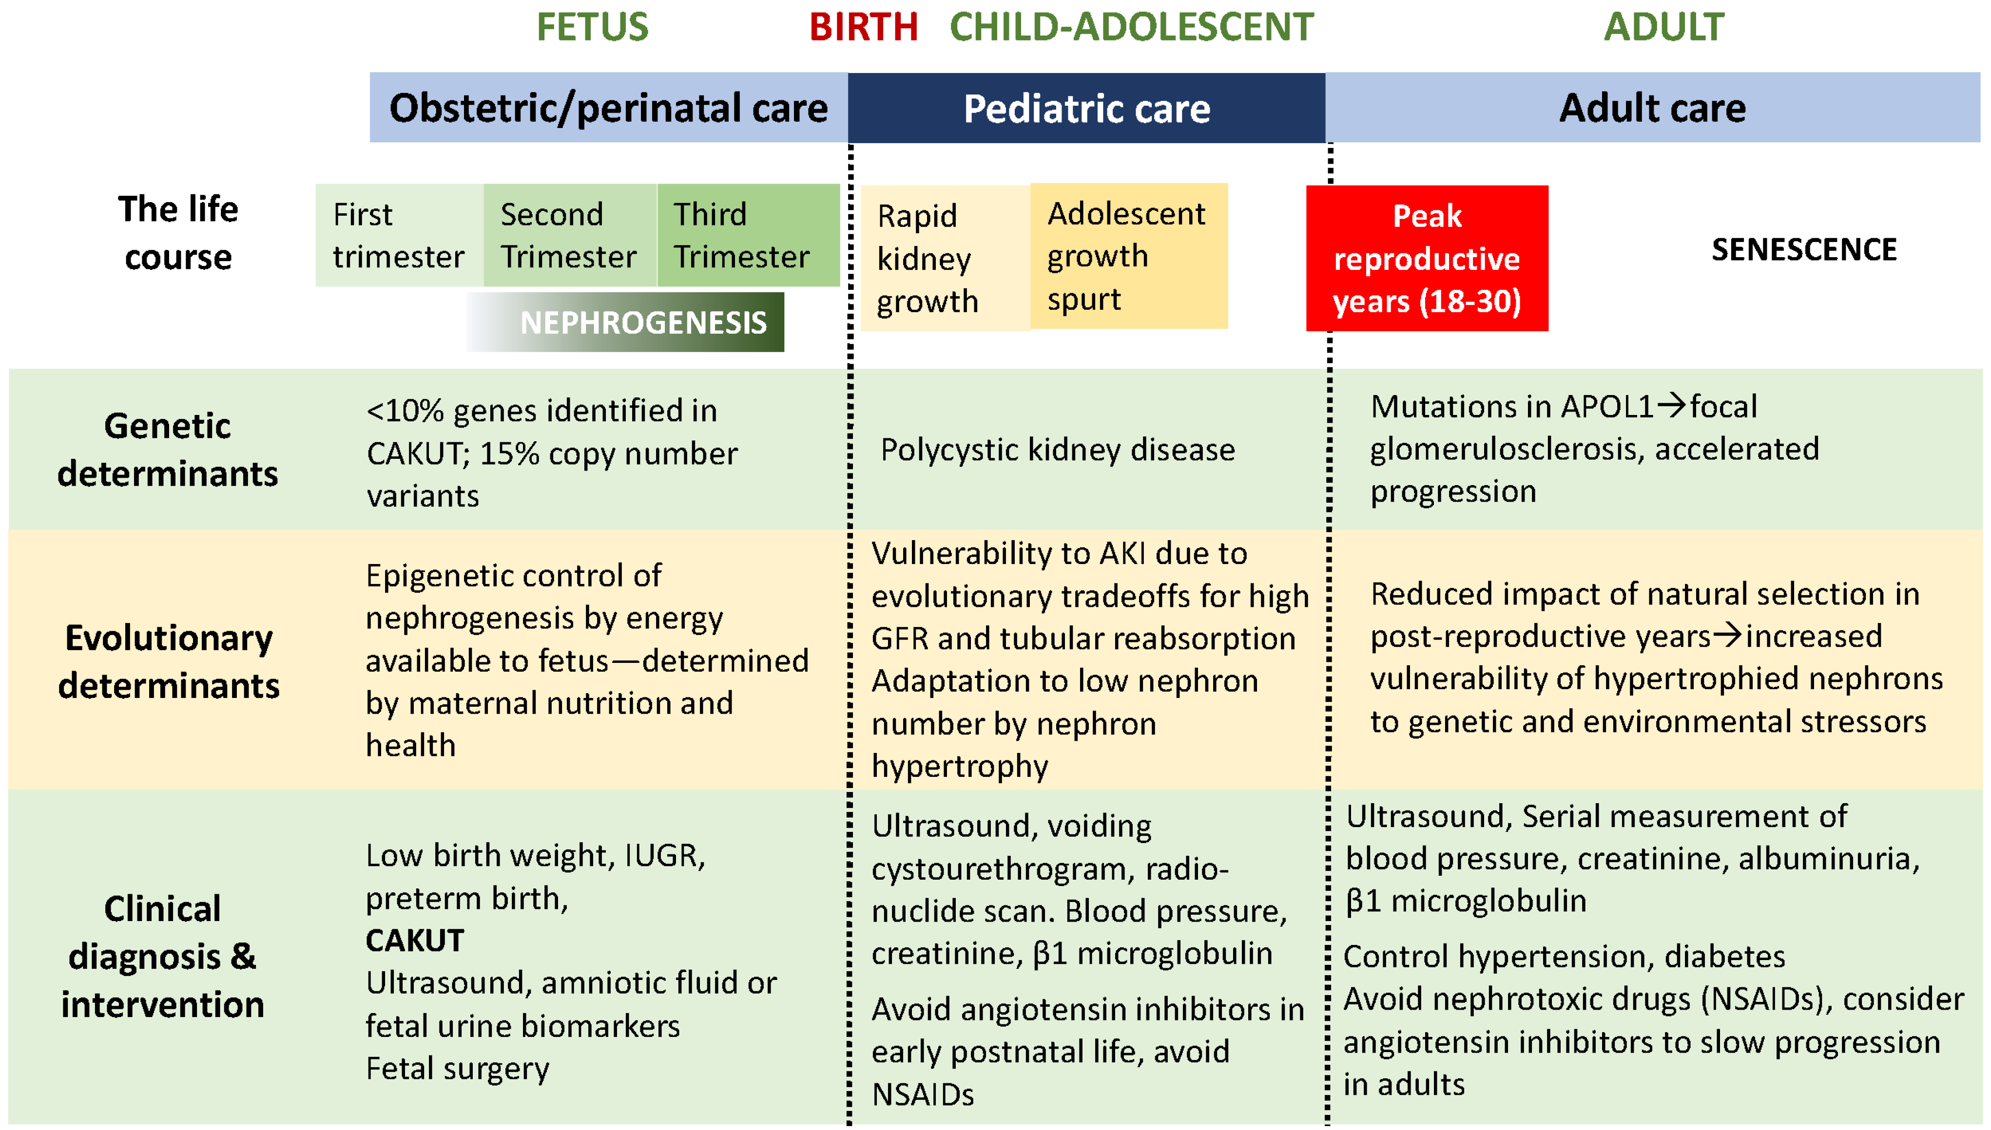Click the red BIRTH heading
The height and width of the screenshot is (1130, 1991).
[x=863, y=27]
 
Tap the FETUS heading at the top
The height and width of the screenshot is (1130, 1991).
[x=593, y=27]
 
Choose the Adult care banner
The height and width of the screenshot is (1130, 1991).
[x=1652, y=108]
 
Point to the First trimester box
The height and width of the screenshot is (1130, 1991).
[x=398, y=235]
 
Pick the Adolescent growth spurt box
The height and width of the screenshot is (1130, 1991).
[x=1127, y=256]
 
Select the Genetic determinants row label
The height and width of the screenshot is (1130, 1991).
[x=168, y=450]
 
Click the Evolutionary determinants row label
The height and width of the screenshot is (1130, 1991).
[x=169, y=661]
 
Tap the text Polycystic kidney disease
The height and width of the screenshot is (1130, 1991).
[x=1057, y=450]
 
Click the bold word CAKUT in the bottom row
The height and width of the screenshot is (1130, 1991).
[x=415, y=941]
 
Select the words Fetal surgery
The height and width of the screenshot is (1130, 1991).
[x=457, y=1069]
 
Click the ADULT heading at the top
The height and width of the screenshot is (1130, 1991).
[x=1663, y=27]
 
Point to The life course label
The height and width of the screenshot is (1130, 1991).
[x=178, y=233]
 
